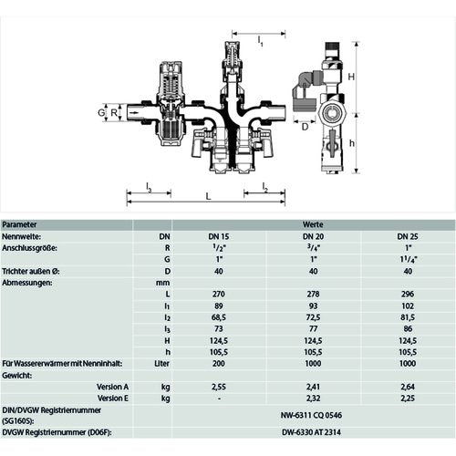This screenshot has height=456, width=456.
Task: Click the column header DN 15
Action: [x=219, y=236]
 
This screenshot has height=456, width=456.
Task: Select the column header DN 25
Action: [x=408, y=236]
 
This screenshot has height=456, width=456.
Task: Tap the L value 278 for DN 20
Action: [x=313, y=294]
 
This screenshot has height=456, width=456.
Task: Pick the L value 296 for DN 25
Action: [x=408, y=294]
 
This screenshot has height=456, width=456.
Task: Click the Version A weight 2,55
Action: [x=219, y=387]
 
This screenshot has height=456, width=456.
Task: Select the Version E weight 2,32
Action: [x=313, y=399]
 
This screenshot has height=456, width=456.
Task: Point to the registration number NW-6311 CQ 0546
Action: [x=311, y=415]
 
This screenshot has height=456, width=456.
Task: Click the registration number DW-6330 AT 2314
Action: [x=311, y=432]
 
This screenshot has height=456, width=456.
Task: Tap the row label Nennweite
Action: [x=21, y=236]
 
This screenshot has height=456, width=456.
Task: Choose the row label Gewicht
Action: [x=16, y=375]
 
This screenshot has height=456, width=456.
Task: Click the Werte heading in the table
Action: [x=313, y=224]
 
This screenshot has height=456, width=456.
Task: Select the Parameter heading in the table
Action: [x=19, y=224]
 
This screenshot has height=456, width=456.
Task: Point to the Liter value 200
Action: [x=219, y=363]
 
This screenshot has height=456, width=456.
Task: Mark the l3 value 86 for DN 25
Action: [x=408, y=328]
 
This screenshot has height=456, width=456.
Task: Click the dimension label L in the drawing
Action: [x=208, y=196]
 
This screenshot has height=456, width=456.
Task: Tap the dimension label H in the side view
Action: [x=351, y=77]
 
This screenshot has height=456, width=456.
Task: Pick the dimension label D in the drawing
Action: [x=305, y=127]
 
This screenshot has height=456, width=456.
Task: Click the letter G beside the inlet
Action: [x=101, y=113]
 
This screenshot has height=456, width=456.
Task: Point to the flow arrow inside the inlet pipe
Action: [x=133, y=113]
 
